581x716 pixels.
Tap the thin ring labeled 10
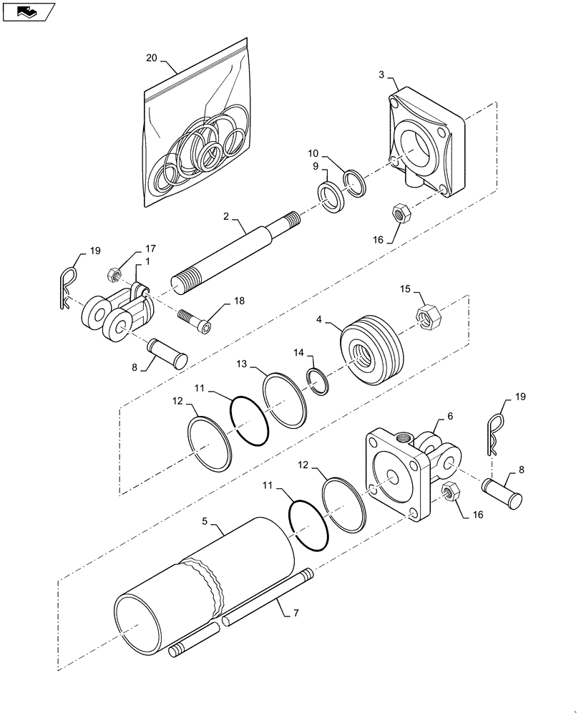[x=355, y=182]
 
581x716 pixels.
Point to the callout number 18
[x=238, y=301]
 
